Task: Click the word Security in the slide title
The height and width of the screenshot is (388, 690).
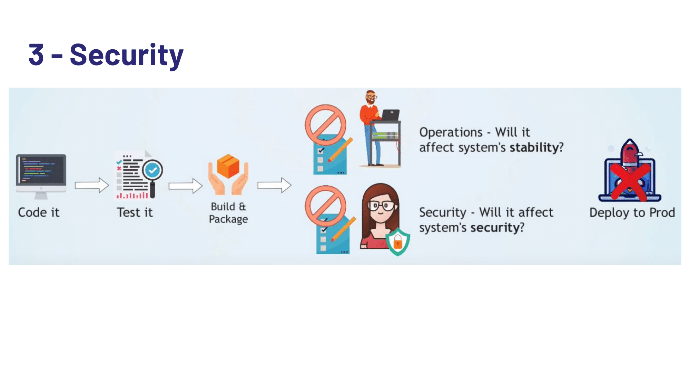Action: point(126,55)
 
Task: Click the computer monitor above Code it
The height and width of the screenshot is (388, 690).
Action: point(41,170)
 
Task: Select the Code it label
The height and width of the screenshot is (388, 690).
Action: point(39,212)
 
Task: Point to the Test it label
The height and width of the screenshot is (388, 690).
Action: point(135,212)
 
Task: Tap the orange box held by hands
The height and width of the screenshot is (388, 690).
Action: point(228,166)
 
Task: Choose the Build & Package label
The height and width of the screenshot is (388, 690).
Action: point(228,213)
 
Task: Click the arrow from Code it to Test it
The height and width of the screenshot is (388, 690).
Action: point(92,185)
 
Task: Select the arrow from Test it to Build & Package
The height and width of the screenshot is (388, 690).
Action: point(185,186)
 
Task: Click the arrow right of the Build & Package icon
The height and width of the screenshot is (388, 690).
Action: point(274,185)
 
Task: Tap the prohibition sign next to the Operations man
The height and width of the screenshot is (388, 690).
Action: point(325,125)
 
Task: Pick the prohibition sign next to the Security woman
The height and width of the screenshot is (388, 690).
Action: point(325,206)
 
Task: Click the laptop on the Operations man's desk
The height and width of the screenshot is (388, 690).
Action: point(391,115)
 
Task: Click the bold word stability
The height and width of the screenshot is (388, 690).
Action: point(534,148)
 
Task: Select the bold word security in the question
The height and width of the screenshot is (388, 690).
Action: point(495,228)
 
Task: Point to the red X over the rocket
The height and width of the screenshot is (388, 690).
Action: point(630,181)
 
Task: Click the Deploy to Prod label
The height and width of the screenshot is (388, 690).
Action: point(632,212)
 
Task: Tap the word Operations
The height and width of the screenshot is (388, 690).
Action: point(451,132)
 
